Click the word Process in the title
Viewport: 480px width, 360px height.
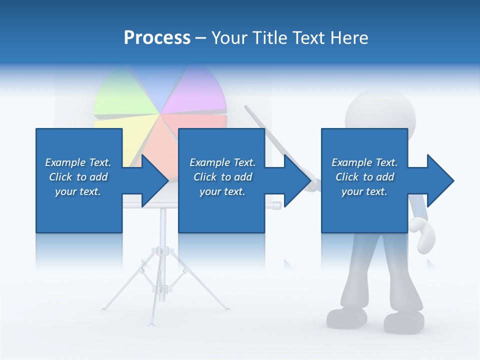point(157,38)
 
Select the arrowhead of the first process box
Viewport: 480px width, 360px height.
point(153,180)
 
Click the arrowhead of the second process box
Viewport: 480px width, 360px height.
point(296,180)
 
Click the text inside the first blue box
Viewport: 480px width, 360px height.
point(78,177)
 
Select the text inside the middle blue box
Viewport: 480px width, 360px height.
point(222,177)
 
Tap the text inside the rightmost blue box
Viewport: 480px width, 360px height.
point(364,177)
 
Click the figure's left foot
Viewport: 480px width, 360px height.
point(346,317)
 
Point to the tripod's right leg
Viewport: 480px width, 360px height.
point(202,287)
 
